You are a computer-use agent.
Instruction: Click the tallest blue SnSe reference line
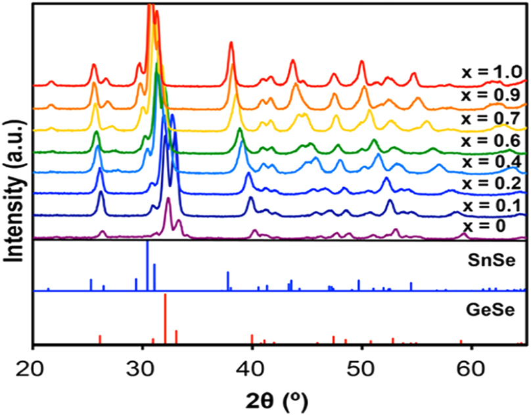click(x=147, y=266)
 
